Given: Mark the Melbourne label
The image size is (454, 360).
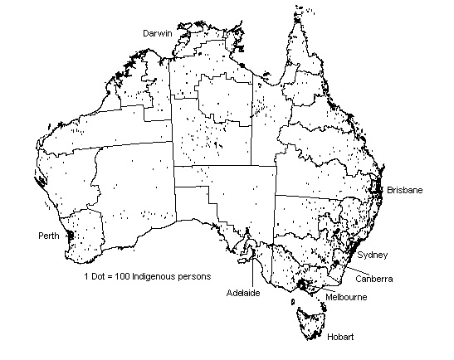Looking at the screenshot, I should tap(347, 296).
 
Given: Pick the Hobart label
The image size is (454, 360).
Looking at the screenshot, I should tap(341, 336).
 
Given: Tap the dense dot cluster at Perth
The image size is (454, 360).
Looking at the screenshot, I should tap(70, 236).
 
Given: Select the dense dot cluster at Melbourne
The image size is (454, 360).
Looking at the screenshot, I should tap(300, 286).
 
